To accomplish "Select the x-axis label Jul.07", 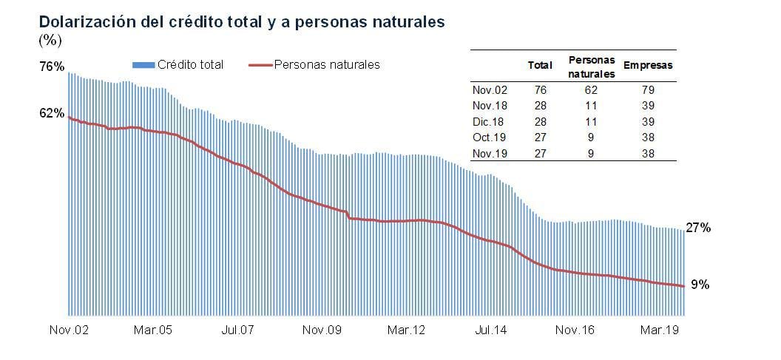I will click(239, 330).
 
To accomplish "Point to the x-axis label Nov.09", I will click(322, 330).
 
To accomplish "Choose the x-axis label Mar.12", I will click(406, 330).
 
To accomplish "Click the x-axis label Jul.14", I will click(491, 330).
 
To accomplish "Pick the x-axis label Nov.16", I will click(575, 330).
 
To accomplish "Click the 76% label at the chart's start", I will click(52, 67).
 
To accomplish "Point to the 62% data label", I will click(52, 113).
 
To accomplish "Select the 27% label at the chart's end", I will click(698, 228).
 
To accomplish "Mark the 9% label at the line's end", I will click(700, 285).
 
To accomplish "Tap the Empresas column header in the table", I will click(648, 66).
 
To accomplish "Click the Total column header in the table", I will click(540, 66).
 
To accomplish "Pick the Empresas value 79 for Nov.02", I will click(648, 90).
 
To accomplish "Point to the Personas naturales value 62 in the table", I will click(592, 90).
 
